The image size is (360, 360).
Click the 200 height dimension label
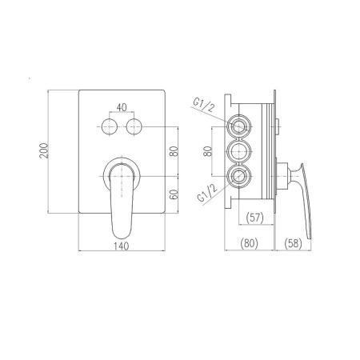click(44, 151)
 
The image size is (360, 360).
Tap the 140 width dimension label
click(122, 246)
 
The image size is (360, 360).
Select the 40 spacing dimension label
click(122, 107)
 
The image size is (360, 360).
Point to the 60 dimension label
click(174, 194)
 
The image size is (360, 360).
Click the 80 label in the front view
click(174, 151)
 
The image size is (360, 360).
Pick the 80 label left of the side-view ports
click(207, 151)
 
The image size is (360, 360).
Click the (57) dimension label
click(255, 218)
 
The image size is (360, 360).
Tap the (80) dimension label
click(249, 243)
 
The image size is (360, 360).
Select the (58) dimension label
click(293, 243)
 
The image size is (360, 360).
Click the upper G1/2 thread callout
click(204, 104)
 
